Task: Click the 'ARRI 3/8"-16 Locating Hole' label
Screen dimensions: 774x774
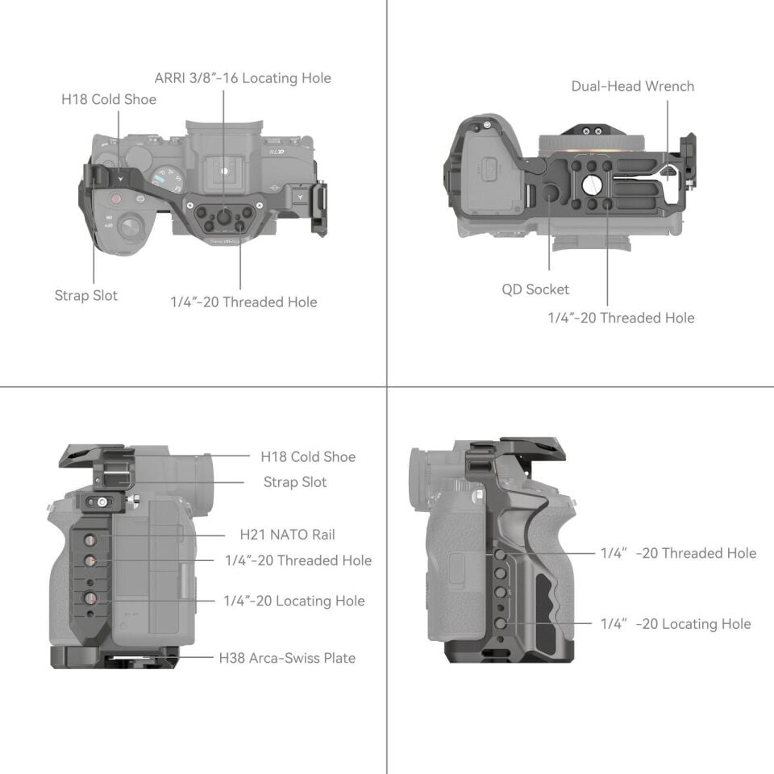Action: coord(243,78)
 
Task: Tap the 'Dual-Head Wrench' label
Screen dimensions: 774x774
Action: coord(632,86)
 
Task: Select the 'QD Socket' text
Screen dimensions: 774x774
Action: coord(535,289)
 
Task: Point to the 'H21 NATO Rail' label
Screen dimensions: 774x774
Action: coord(287,535)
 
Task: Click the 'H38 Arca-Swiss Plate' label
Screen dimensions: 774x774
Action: coord(287,658)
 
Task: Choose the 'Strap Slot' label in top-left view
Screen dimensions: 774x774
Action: coord(86,296)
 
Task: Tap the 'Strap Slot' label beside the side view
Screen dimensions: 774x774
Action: coord(295,482)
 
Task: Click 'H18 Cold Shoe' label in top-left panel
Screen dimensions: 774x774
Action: coord(109,100)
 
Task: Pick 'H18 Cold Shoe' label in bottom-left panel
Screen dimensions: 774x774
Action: coord(307,457)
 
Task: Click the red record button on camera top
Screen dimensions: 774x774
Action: coord(116,198)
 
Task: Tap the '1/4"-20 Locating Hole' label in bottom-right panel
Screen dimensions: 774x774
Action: coord(676,624)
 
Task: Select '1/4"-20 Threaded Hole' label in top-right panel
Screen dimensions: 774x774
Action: coord(621,318)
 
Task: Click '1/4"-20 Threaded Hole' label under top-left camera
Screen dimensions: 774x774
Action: coord(243,302)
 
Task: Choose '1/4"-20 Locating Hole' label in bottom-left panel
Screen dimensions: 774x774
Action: coord(294,601)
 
